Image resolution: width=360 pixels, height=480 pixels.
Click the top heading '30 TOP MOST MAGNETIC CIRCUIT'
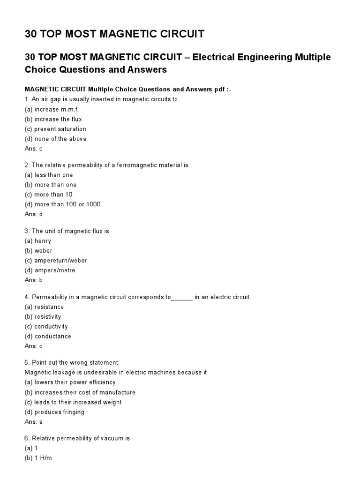(x=114, y=34)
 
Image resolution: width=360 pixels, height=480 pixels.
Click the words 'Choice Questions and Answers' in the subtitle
(x=96, y=69)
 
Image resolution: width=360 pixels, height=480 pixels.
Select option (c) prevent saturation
(x=55, y=129)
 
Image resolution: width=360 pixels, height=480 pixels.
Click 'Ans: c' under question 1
(x=34, y=149)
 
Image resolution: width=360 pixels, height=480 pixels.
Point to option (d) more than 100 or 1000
(x=62, y=204)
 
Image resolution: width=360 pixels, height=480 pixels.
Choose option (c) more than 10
(x=48, y=195)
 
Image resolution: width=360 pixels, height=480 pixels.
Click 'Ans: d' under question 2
(x=34, y=214)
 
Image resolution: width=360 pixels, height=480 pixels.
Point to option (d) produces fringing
(x=54, y=412)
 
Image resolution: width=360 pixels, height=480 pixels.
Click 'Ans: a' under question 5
(x=34, y=422)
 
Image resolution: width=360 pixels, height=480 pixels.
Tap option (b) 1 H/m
(x=38, y=458)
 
